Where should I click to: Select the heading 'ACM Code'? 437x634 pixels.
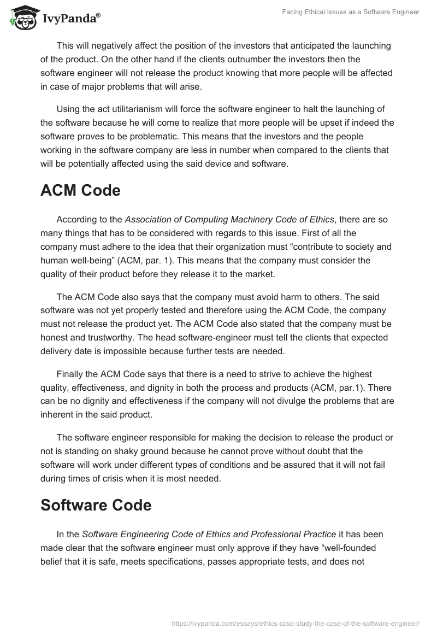(x=80, y=191)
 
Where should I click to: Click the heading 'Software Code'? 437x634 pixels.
(x=96, y=505)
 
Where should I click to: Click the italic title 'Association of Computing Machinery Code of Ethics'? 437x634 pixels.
(x=229, y=220)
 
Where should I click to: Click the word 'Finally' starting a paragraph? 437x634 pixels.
(x=70, y=374)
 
